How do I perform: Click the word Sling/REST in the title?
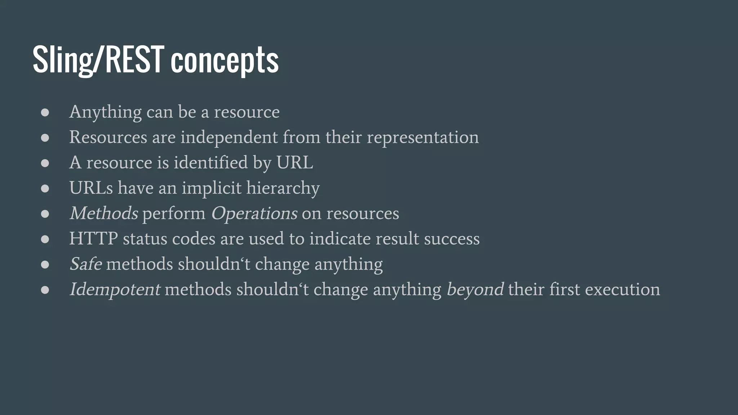click(98, 59)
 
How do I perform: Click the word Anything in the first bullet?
click(105, 112)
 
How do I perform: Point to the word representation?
click(423, 138)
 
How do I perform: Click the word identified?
click(211, 162)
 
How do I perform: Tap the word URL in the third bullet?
click(294, 162)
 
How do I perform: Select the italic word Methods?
click(104, 213)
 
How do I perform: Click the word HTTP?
click(93, 239)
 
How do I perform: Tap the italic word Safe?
click(86, 264)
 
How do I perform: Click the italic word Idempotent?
click(115, 290)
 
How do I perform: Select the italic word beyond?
click(475, 290)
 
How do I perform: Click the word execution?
click(622, 290)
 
